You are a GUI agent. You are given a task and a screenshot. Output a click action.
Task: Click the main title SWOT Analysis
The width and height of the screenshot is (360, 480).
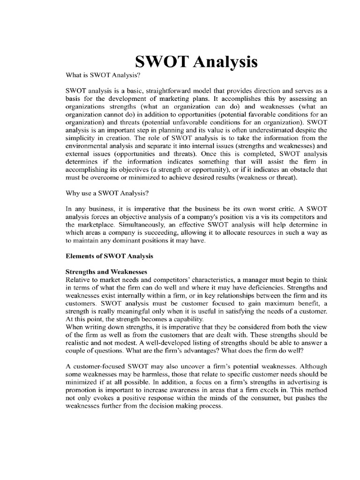(x=196, y=61)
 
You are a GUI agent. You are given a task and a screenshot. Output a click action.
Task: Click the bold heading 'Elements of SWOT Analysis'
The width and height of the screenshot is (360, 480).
(x=109, y=256)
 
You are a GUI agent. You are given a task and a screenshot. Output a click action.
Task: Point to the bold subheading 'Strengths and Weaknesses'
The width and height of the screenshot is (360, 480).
(x=106, y=272)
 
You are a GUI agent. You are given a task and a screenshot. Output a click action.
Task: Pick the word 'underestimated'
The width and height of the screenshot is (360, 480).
(x=268, y=130)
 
